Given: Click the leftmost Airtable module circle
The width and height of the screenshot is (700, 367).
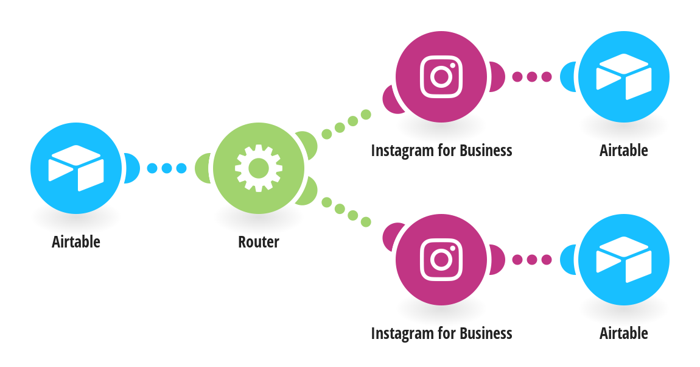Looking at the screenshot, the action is (x=76, y=168).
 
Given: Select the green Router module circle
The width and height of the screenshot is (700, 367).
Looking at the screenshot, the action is (x=259, y=168).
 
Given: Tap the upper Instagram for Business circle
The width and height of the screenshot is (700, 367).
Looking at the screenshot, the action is (x=441, y=76).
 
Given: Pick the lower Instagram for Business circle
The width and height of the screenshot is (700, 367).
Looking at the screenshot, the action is (x=441, y=260).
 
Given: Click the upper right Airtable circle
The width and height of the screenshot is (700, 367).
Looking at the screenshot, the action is (x=624, y=76).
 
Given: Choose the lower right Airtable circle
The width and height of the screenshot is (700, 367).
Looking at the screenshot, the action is (x=624, y=260).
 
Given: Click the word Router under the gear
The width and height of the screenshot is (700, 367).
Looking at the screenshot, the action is (x=259, y=242).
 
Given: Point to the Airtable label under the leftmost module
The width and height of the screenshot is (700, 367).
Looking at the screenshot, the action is (x=76, y=242).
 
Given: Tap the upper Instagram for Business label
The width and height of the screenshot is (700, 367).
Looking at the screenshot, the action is (x=441, y=151).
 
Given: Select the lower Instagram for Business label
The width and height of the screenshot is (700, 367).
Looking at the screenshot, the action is (x=441, y=333).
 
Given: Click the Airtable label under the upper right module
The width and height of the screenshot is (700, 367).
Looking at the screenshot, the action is (x=624, y=151).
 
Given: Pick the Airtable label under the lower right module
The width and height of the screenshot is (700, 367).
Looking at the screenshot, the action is (x=624, y=333).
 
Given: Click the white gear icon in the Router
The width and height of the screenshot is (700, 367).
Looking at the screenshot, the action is (x=259, y=168).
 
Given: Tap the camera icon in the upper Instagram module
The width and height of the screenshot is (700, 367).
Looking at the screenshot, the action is (x=441, y=76).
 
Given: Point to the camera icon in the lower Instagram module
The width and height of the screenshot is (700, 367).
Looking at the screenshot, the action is (x=441, y=260).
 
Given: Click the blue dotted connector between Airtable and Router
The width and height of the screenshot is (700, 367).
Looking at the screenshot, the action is (x=167, y=168).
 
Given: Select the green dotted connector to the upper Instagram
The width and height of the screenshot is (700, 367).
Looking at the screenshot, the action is (x=346, y=124).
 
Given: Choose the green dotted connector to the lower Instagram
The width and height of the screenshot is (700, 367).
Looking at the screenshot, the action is (x=346, y=212).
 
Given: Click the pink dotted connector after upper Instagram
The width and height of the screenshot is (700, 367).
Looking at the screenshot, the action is (x=532, y=76).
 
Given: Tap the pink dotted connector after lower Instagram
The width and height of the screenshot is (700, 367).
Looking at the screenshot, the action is (x=532, y=260).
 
